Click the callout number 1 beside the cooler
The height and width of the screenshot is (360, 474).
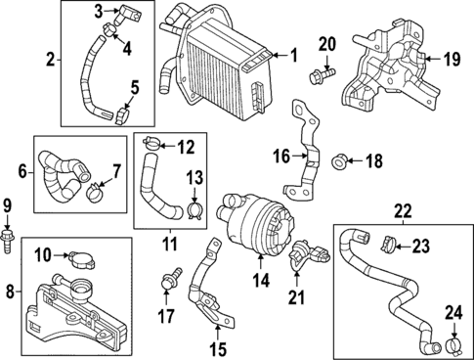click(293, 55)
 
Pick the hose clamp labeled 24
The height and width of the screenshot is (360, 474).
click(452, 344)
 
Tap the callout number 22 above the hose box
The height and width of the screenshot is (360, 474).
click(401, 210)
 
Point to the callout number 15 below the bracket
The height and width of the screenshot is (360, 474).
click(217, 347)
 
